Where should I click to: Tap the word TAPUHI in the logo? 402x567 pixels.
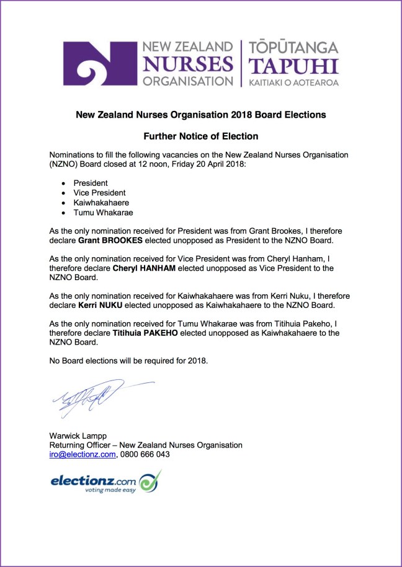[x=293, y=66]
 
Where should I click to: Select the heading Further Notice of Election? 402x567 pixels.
[x=200, y=136]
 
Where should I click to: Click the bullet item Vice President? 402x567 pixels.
[x=99, y=193]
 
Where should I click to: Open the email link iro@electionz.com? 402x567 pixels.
[x=83, y=454]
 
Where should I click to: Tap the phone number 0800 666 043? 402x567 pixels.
[x=145, y=454]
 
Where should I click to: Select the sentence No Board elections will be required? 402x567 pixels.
[x=128, y=361]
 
